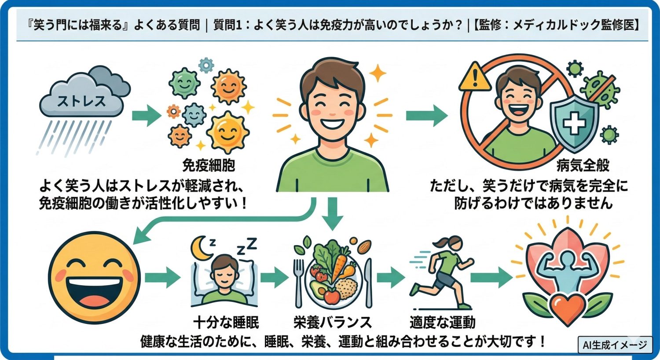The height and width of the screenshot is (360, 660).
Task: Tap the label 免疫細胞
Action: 209,165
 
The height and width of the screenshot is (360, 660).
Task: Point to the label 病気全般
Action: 583,165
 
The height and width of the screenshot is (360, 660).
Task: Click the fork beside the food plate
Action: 299,282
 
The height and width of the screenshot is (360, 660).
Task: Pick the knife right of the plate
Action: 368,282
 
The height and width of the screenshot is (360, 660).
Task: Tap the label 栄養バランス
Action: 333,323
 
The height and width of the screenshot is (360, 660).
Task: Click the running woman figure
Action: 442,273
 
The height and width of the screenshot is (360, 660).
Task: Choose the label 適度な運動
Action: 442,323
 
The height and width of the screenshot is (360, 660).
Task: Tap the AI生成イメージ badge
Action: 615,345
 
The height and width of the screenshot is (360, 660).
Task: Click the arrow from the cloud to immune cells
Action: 147,116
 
